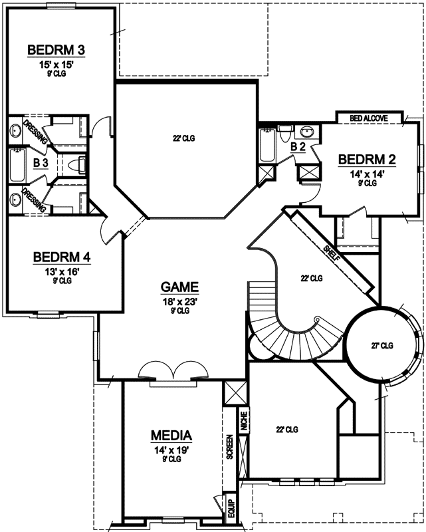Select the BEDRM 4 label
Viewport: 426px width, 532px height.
pyautogui.click(x=62, y=257)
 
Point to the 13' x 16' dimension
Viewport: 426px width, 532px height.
pyautogui.click(x=62, y=271)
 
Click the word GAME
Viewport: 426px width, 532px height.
pyautogui.click(x=179, y=287)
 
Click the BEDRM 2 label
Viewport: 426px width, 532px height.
pyautogui.click(x=368, y=160)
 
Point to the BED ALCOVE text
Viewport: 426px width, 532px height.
pyautogui.click(x=370, y=118)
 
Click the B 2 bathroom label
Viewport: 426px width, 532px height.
pyautogui.click(x=298, y=147)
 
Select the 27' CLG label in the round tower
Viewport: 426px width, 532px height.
pyautogui.click(x=382, y=345)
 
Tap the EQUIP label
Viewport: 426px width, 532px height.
pyautogui.click(x=231, y=507)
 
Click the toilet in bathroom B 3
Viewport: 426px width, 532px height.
pyautogui.click(x=78, y=163)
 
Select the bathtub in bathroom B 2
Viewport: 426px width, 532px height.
pyautogui.click(x=266, y=146)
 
